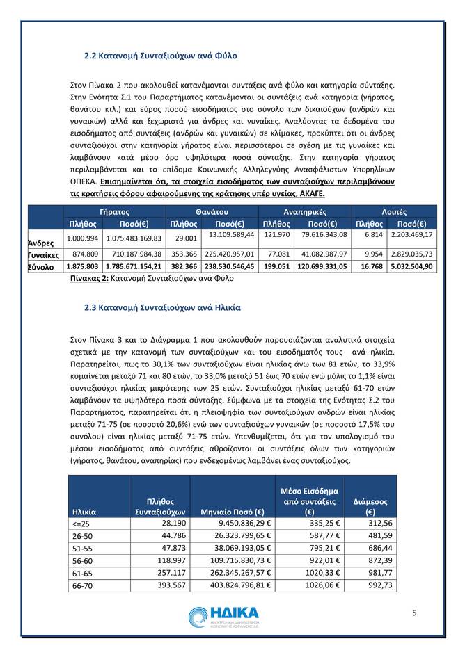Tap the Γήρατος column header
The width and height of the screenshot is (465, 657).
pyautogui.click(x=115, y=211)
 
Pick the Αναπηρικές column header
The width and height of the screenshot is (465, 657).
pyautogui.click(x=305, y=211)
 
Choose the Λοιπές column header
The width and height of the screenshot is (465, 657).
pyautogui.click(x=394, y=211)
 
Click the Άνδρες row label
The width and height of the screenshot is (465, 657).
pyautogui.click(x=40, y=243)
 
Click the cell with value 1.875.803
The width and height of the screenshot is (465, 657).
pyautogui.click(x=82, y=266)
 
